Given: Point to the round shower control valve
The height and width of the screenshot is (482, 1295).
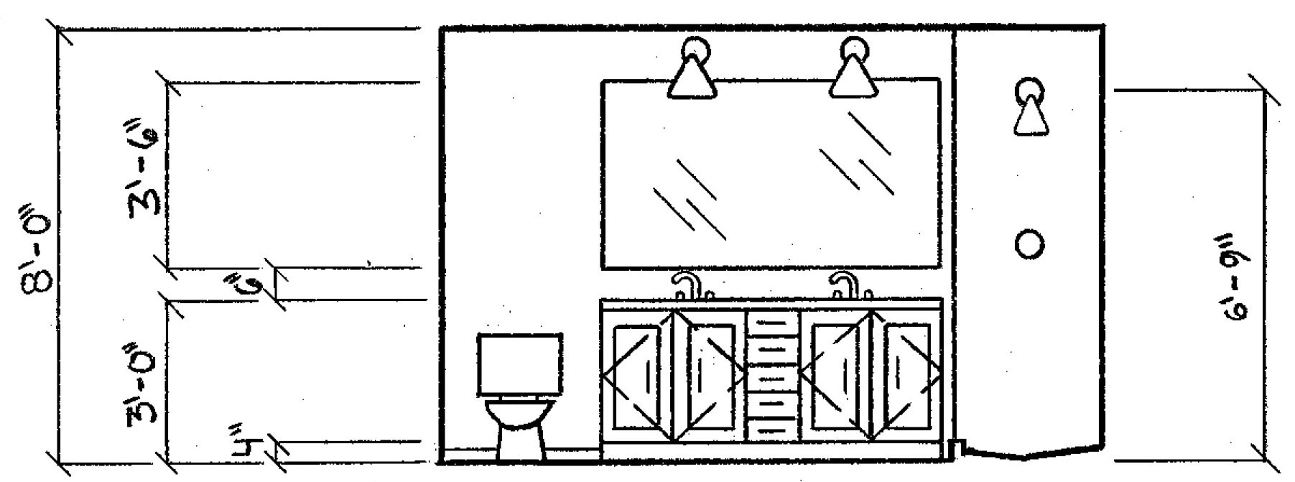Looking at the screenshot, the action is coord(1030,244).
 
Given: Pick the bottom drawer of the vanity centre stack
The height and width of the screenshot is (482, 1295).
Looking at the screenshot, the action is coord(773,427).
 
